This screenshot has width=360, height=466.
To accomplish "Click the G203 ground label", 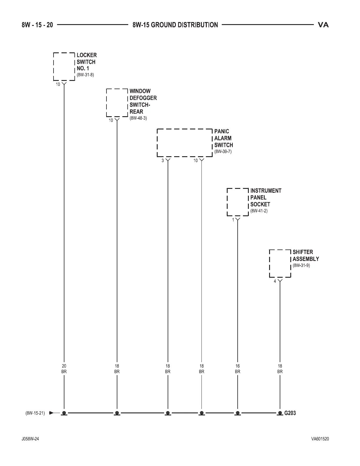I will [x=290, y=413].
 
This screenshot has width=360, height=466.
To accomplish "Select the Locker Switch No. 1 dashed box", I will [x=64, y=67].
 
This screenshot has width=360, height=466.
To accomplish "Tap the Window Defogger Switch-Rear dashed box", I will [x=117, y=103].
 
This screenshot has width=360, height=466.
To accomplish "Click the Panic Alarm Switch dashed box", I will [x=185, y=143].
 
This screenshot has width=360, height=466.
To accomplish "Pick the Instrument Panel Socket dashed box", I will [x=238, y=202].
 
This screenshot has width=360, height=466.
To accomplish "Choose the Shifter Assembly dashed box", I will [x=280, y=264].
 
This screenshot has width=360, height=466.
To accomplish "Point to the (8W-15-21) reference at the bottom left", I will [x=35, y=413].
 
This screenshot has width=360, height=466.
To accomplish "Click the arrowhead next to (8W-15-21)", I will [x=52, y=413].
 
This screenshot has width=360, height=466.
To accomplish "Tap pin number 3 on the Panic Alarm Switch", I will [x=163, y=161].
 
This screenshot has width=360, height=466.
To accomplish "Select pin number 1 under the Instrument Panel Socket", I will [x=233, y=220].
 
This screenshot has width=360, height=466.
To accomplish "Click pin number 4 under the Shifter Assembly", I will [x=275, y=281].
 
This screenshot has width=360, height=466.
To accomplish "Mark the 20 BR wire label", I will [x=64, y=369].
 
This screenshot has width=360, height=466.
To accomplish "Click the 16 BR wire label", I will [x=237, y=369].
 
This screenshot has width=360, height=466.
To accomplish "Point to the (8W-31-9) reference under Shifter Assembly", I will [x=301, y=265].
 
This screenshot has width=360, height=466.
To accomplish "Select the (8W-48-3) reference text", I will [x=138, y=118].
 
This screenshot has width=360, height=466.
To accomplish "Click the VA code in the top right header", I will [x=323, y=25].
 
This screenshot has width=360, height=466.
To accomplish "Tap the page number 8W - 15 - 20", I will [x=37, y=25].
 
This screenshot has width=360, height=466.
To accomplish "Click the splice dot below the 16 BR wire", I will [x=238, y=413].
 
